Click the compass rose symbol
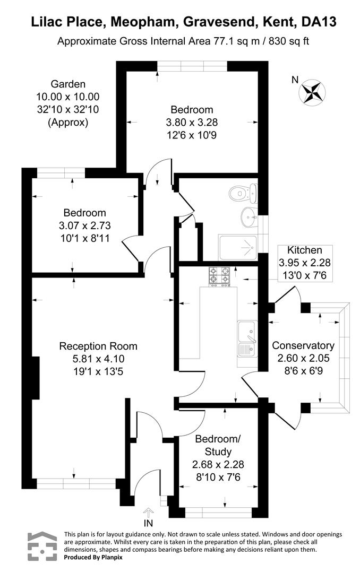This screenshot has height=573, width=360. click(312, 92)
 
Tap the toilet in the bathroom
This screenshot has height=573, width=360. click(244, 193)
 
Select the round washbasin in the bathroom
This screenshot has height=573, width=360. click(250, 217)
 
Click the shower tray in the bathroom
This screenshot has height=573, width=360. click(238, 247)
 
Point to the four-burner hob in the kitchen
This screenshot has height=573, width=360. click(219, 276)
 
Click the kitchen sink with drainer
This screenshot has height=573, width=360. click(247, 338)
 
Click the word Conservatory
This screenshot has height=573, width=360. click(303, 345)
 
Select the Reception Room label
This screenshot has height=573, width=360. click(98, 346)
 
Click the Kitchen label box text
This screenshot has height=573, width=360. click(305, 250)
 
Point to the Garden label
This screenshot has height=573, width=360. click(68, 84)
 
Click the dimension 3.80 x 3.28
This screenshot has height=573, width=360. click(192, 123)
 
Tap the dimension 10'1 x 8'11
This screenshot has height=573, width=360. click(85, 238)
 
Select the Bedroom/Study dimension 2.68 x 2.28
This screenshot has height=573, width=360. click(218, 464)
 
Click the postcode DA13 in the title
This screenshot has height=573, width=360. click(319, 22)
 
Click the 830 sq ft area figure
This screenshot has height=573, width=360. click(289, 41)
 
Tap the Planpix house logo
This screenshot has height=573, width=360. click(42, 546)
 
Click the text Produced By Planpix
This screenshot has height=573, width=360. click(93, 557)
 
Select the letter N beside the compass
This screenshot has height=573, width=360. click(295, 80)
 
